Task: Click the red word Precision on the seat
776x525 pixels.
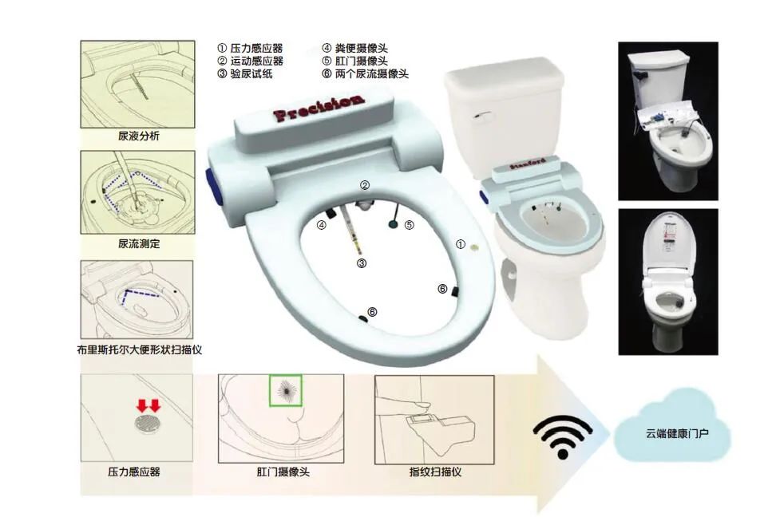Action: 319,108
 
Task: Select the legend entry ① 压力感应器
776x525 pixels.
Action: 251,48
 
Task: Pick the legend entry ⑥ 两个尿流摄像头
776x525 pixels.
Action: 365,73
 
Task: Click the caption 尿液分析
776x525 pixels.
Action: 139,136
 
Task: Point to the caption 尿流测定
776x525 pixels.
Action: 139,243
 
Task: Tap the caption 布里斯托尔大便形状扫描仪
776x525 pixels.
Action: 139,349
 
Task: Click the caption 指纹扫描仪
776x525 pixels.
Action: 435,472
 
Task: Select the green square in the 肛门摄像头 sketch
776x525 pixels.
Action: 285,390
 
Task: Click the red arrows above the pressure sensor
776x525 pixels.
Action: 148,405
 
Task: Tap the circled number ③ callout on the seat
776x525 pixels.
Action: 361,263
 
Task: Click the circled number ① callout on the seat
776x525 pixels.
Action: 460,244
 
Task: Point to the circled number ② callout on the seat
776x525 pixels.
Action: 364,185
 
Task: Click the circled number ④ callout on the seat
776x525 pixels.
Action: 322,225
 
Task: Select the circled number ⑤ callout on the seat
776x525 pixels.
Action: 409,225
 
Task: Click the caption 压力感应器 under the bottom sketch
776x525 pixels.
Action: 134,472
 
